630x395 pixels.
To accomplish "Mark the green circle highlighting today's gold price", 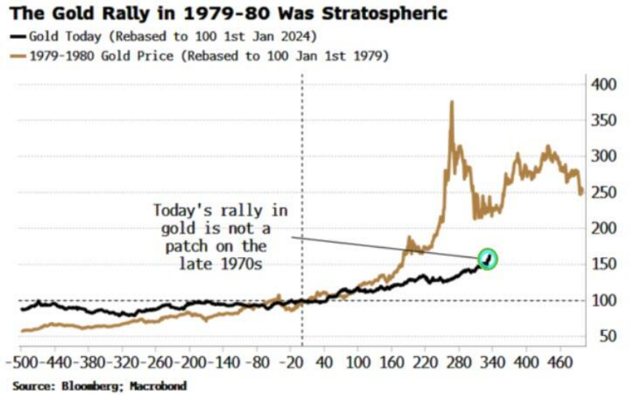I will [x=487, y=258].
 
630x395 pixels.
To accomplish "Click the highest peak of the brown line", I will [x=451, y=103].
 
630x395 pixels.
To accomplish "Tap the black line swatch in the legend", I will [x=17, y=36].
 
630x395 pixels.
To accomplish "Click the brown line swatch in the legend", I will [x=17, y=55].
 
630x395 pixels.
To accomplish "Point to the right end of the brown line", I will [x=582, y=193].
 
